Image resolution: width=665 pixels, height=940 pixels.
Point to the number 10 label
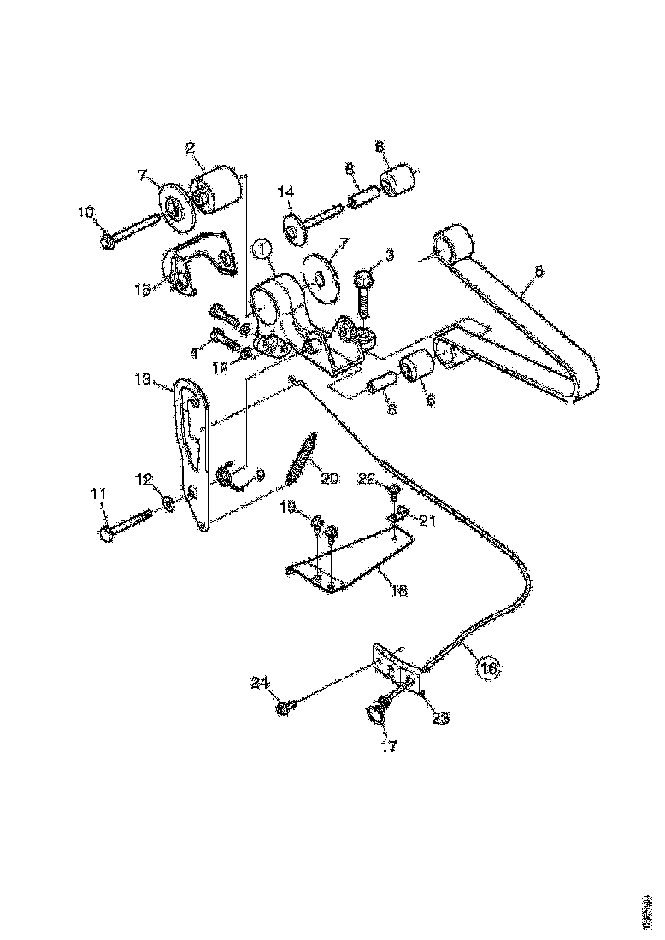coord(86,212)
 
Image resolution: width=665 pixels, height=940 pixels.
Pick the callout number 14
coord(286,191)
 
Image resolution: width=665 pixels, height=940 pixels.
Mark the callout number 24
coord(260,682)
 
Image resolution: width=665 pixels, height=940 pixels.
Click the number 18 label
coord(398,590)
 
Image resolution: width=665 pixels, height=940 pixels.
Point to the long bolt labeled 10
coord(132,232)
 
